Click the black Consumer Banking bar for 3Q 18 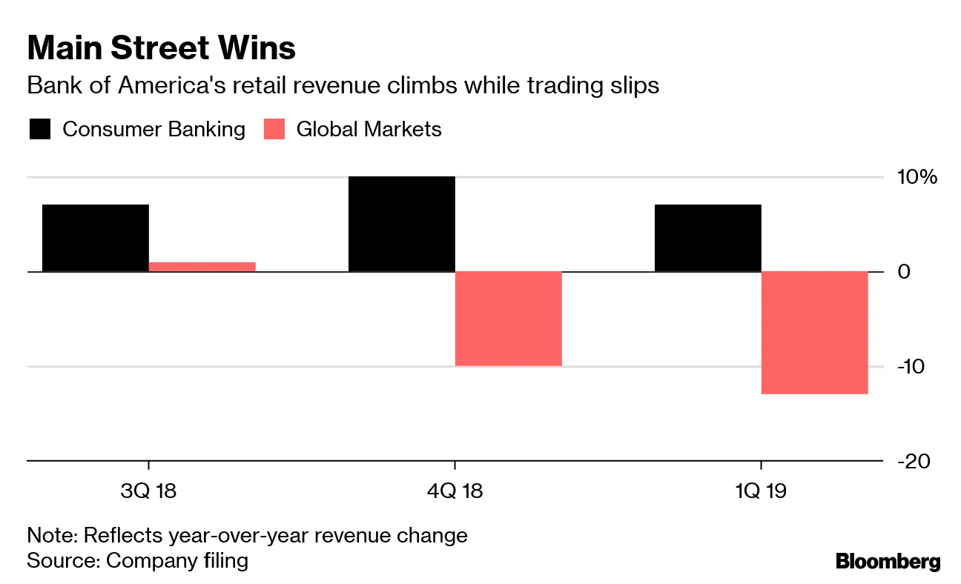tap(96, 238)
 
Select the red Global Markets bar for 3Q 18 tap(202, 267)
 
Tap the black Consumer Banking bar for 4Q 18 tap(401, 224)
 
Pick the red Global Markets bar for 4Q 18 tap(508, 319)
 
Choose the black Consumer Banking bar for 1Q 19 tap(707, 238)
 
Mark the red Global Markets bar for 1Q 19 tap(814, 333)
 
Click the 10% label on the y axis tap(917, 177)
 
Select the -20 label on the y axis tap(914, 461)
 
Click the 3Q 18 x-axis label tap(149, 491)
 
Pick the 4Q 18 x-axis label tap(455, 491)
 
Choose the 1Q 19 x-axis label tap(761, 491)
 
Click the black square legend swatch tap(40, 130)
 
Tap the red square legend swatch tap(274, 130)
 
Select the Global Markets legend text tap(369, 130)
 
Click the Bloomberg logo tap(888, 562)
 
